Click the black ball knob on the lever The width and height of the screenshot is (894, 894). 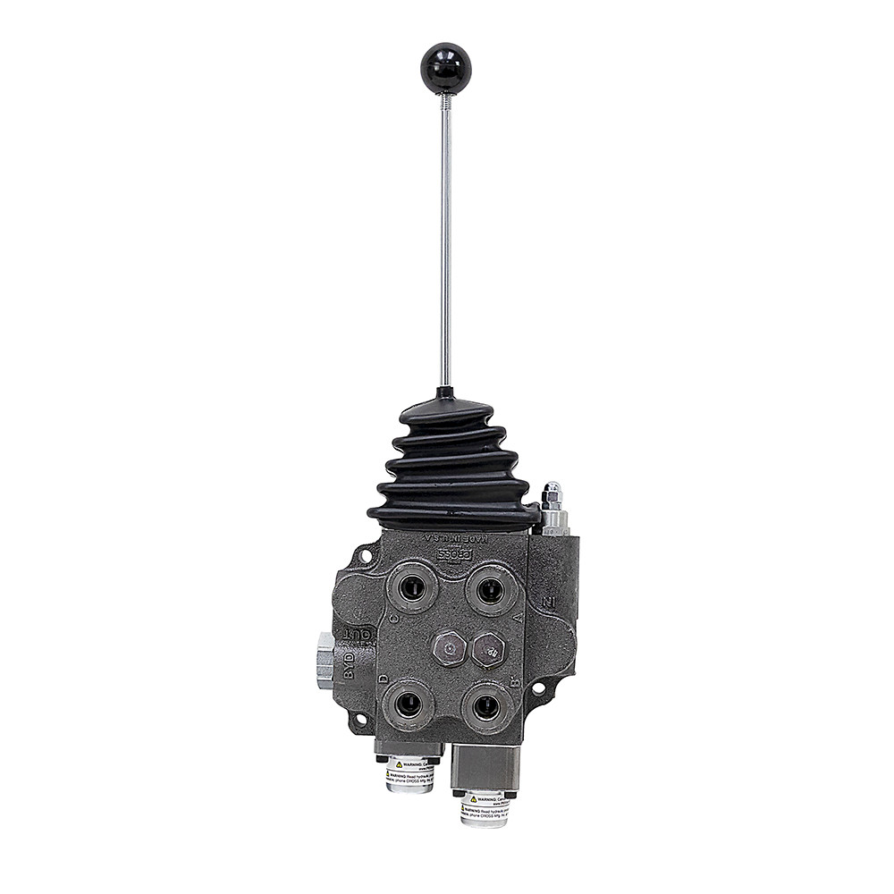click(x=445, y=69)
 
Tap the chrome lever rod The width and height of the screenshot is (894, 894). click(x=445, y=241)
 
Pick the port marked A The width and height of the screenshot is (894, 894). click(x=491, y=590)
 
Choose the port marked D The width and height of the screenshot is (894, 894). click(x=408, y=704)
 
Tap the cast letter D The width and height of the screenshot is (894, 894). click(x=383, y=679)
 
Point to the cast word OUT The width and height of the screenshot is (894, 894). click(x=359, y=635)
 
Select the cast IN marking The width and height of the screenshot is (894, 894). click(x=548, y=602)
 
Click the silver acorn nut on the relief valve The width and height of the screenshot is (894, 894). click(x=552, y=492)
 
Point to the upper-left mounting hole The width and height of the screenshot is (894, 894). click(x=365, y=556)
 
